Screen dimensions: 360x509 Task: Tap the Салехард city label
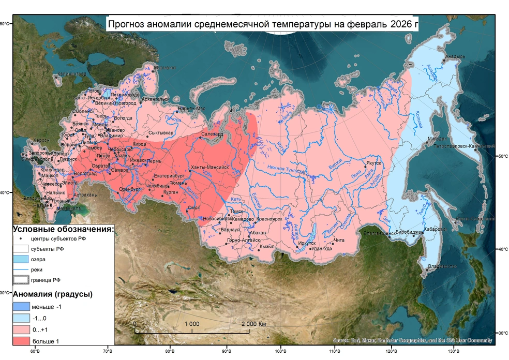pyautogui.click(x=212, y=134)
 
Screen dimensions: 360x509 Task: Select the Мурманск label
pyautogui.click(x=166, y=68)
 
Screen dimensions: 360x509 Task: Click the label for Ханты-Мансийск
pyautogui.click(x=209, y=168)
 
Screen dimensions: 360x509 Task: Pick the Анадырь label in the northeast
pyautogui.click(x=456, y=56)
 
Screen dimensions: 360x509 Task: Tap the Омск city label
pyautogui.click(x=193, y=207)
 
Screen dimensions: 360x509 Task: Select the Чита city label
pyautogui.click(x=339, y=240)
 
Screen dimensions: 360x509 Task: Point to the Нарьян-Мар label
pyautogui.click(x=191, y=109)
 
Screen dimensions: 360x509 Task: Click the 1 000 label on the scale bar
pyautogui.click(x=192, y=324)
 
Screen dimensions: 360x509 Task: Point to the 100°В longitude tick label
pyautogui.click(x=280, y=353)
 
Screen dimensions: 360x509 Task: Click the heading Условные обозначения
pyautogui.click(x=63, y=229)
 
